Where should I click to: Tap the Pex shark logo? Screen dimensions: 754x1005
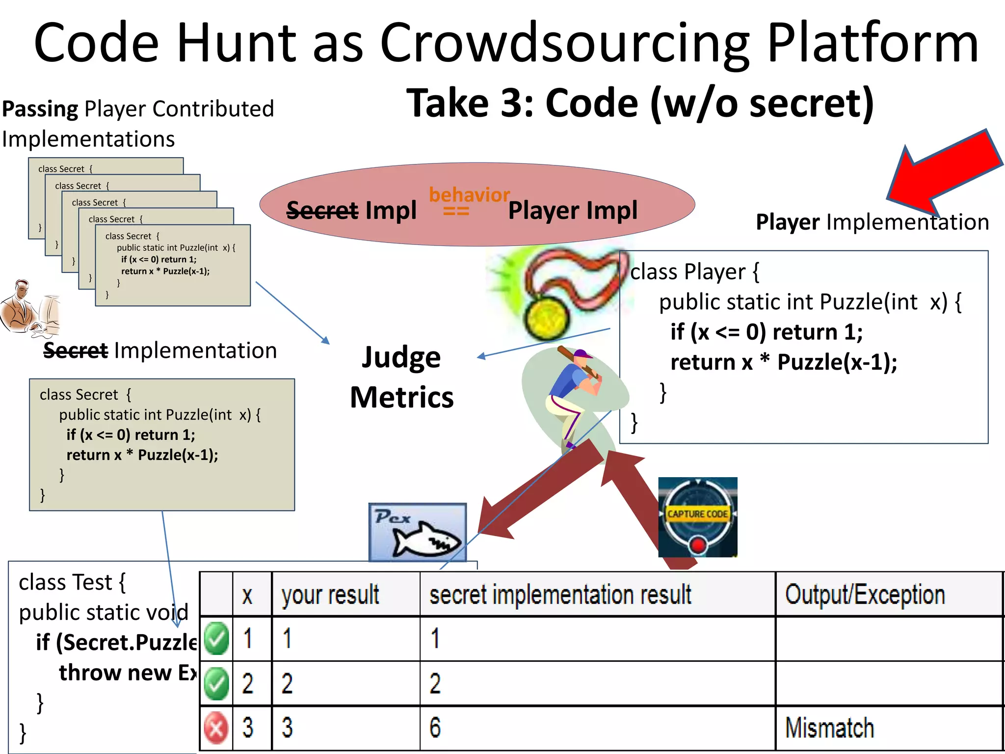418,533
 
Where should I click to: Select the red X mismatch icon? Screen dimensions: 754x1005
216,727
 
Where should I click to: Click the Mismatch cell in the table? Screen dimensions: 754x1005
829,727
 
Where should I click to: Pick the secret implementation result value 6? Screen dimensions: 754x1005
435,727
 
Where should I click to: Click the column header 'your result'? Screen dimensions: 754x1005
330,594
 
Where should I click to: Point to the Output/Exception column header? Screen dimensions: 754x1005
865,594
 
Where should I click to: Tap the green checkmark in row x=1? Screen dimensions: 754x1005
216,639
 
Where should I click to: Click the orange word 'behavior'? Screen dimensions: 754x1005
469,195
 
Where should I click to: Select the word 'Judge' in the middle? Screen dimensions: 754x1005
401,357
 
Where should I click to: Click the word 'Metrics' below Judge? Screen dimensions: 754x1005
402,397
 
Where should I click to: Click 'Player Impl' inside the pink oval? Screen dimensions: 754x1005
573,211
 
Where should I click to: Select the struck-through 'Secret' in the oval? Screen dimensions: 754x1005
322,211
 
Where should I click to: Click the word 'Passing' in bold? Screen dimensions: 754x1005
40,109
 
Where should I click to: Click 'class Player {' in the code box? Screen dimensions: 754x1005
694,271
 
